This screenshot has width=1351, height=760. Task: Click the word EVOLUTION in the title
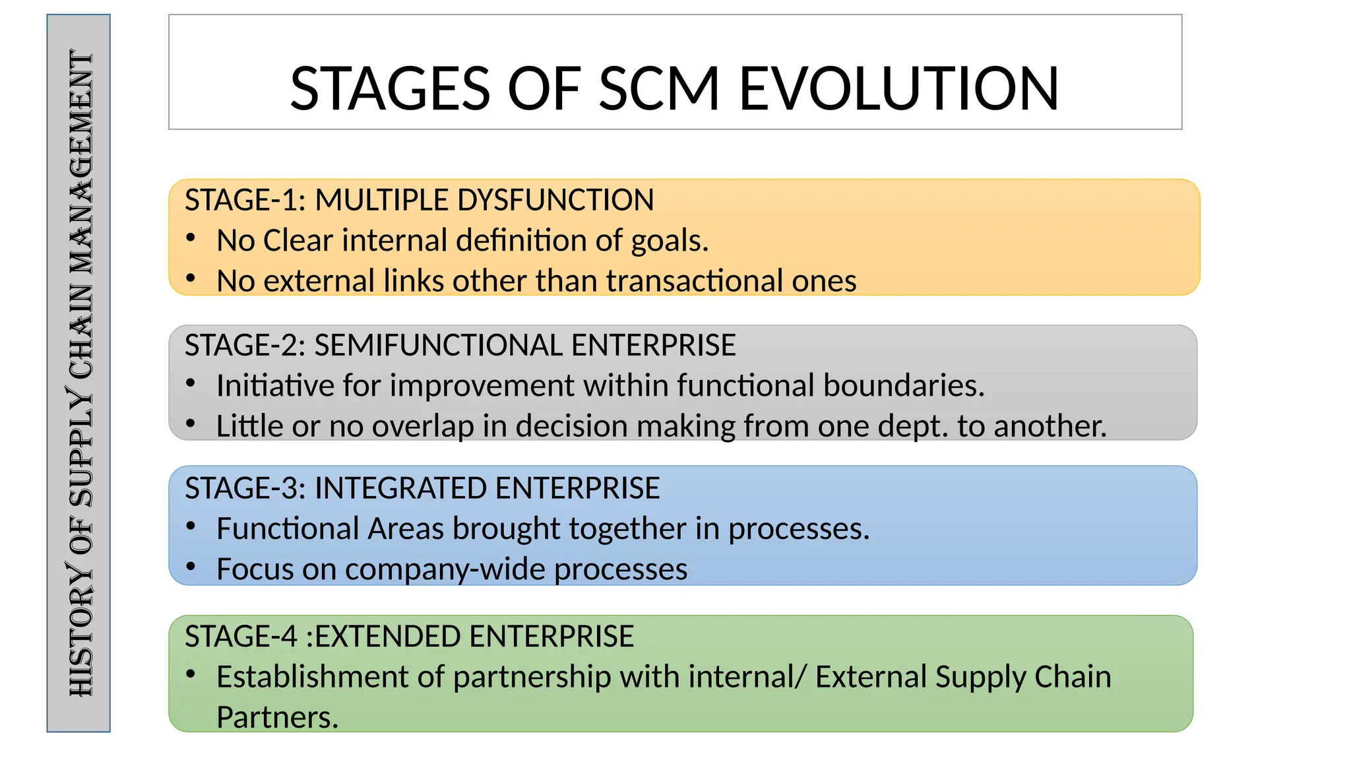click(x=898, y=88)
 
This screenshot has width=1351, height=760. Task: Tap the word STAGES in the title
click(x=390, y=88)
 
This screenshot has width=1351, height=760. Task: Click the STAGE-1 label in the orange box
click(x=241, y=200)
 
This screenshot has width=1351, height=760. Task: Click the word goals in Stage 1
click(x=669, y=241)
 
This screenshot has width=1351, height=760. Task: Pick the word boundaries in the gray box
click(x=904, y=385)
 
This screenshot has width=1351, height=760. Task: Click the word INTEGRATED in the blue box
click(x=400, y=488)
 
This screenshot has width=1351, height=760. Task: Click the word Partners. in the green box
click(x=277, y=717)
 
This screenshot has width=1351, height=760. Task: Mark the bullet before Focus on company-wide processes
click(x=191, y=567)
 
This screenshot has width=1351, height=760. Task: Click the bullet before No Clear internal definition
click(x=191, y=238)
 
